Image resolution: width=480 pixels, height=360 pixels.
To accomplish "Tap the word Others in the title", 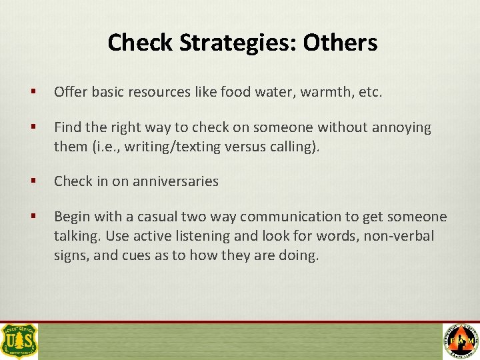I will [340, 43].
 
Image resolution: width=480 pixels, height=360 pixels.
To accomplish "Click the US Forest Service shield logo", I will [19, 341].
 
